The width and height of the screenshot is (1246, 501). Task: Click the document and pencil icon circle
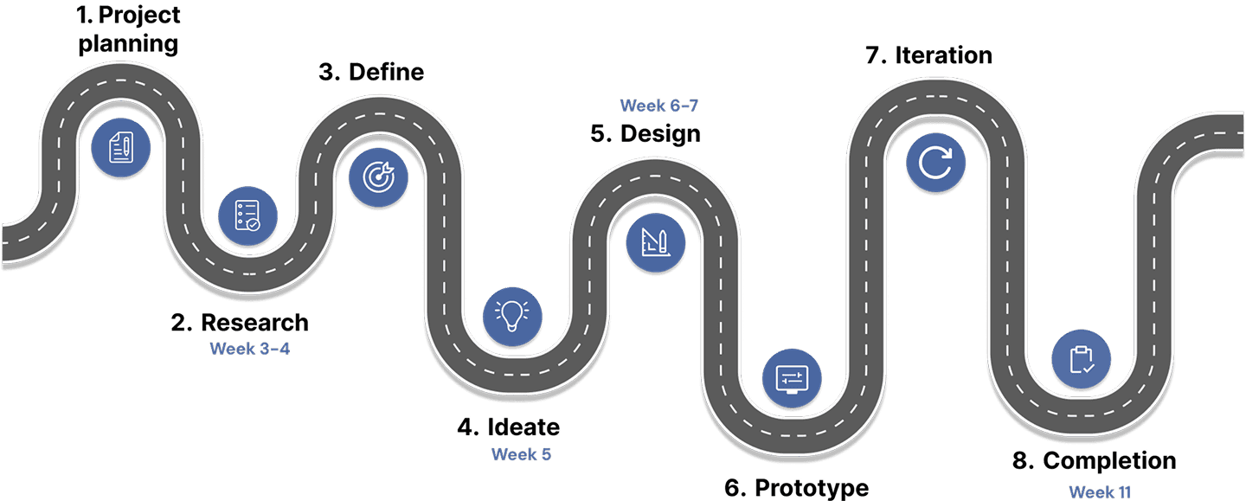coord(121,146)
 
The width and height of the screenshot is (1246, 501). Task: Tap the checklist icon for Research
coord(247,215)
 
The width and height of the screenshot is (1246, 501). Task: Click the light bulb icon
coord(511,314)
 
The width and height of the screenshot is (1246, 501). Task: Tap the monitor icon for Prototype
coord(792,378)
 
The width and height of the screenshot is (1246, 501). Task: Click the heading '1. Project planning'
coord(129,29)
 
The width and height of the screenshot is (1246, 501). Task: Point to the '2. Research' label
coord(240,323)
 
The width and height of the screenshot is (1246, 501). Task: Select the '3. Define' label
coord(371,72)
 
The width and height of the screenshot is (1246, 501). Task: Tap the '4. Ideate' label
coord(509,427)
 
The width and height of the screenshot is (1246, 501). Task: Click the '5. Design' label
coord(645,133)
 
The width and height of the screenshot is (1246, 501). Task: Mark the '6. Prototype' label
coord(796,487)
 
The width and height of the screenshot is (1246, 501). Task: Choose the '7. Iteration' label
coord(928,55)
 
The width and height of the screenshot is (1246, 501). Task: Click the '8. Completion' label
coord(1094,460)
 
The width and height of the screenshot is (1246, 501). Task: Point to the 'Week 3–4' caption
coord(249,349)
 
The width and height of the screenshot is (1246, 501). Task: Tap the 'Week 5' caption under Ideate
coord(521,453)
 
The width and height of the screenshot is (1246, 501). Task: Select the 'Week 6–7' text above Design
coord(658,106)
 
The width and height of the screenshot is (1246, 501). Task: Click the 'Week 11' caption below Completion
coord(1100,491)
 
